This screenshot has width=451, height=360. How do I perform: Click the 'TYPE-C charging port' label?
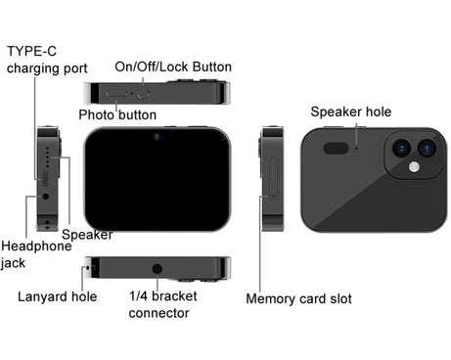coord(47,60)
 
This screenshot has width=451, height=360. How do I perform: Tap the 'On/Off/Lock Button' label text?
coord(173,67)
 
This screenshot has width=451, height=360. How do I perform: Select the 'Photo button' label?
coord(117,114)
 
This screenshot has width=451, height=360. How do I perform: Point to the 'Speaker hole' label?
coord(351,112)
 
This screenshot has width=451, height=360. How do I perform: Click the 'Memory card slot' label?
coord(298,298)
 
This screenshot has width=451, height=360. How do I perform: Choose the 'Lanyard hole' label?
coord(57,296)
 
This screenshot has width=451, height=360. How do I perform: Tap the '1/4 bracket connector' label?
coord(162,304)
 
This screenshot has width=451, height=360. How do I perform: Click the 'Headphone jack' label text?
coord(36,254)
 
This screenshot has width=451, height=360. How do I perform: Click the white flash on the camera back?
coord(414,167)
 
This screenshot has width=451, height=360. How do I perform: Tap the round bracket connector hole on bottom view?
coord(158,269)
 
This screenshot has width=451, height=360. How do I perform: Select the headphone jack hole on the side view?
coord(46,197)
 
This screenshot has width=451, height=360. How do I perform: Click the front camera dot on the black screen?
coord(157,136)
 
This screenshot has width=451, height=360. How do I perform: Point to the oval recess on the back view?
coord(336,148)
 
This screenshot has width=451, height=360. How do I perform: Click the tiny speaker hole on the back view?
coord(356,148)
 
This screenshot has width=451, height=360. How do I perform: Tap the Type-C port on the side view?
coord(45,179)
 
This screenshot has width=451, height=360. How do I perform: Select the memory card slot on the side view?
coord(273,178)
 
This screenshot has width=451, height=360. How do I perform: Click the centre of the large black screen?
coord(158,179)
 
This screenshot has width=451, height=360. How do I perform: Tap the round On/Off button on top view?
coord(143,93)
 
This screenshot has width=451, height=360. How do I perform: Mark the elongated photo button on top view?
coord(116,94)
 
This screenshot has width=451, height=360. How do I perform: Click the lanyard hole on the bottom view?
coord(88,268)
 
